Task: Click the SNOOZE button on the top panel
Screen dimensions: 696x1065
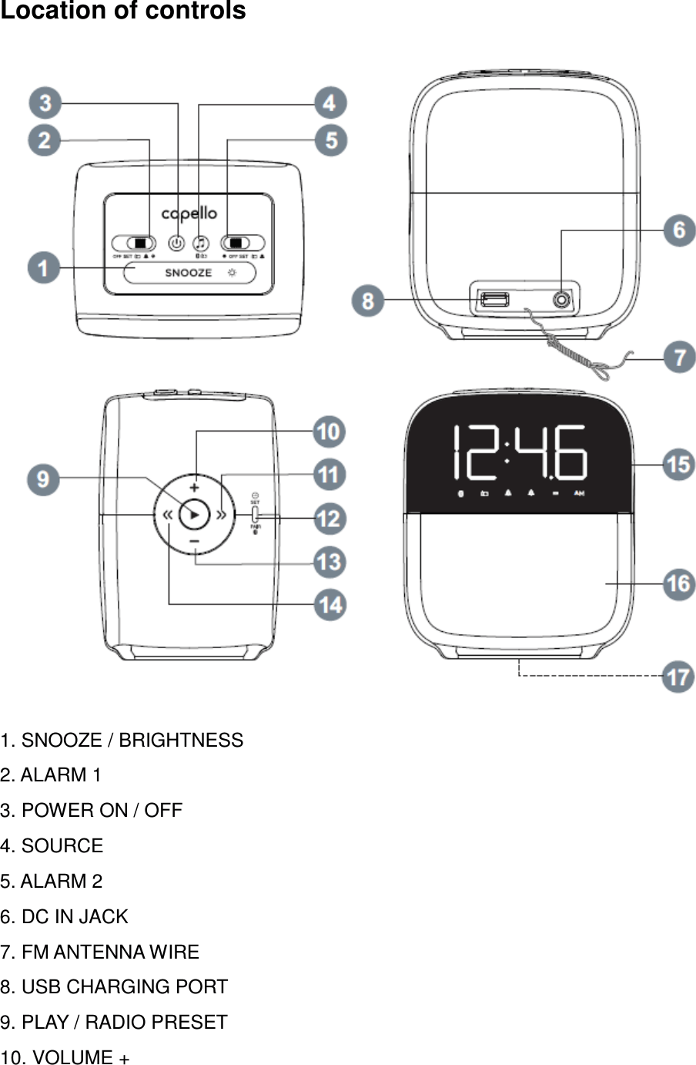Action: pos(189,273)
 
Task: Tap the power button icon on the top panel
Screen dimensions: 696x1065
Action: pos(176,242)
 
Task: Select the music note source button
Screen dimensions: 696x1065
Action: pos(200,242)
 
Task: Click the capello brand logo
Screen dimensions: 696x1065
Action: pos(189,213)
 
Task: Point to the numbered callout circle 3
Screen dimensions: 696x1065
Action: pos(45,103)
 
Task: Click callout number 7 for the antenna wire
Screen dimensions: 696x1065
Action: pos(679,358)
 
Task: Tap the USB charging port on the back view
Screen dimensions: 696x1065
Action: pos(494,299)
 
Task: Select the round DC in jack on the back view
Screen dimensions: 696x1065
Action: pos(562,300)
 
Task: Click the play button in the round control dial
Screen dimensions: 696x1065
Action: pos(194,515)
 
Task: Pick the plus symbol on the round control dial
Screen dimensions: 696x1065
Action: pos(194,487)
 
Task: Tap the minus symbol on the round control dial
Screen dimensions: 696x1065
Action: pos(194,543)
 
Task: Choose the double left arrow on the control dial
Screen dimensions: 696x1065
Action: pos(166,515)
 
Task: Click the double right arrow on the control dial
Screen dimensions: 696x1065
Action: pos(221,515)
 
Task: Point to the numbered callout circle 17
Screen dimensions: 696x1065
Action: pos(678,677)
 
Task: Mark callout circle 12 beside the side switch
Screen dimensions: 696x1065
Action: pos(329,519)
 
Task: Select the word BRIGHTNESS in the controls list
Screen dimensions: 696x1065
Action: pos(181,741)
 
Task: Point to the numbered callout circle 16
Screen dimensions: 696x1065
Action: pos(678,583)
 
